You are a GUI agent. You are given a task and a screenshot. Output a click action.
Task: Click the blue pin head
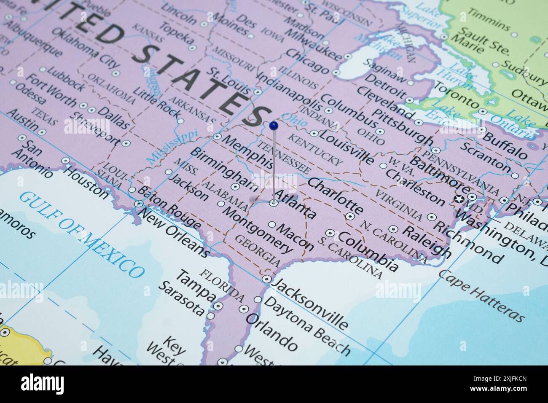(x=273, y=125)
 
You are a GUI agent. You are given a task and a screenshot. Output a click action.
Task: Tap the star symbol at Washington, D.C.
(x=459, y=199)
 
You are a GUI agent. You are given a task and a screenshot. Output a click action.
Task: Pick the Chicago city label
(x=306, y=62)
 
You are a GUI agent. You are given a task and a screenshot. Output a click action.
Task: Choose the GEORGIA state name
(x=258, y=250)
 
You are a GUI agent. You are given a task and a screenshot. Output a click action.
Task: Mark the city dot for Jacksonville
(x=266, y=279)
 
